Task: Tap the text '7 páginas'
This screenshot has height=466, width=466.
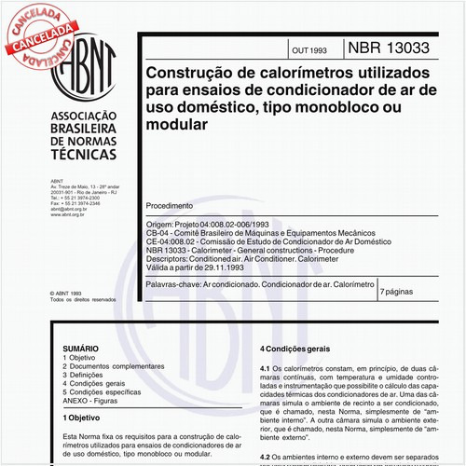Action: (402, 292)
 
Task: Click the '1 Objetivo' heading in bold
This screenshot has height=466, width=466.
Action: (84, 418)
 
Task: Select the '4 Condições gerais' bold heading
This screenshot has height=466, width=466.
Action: (295, 347)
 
